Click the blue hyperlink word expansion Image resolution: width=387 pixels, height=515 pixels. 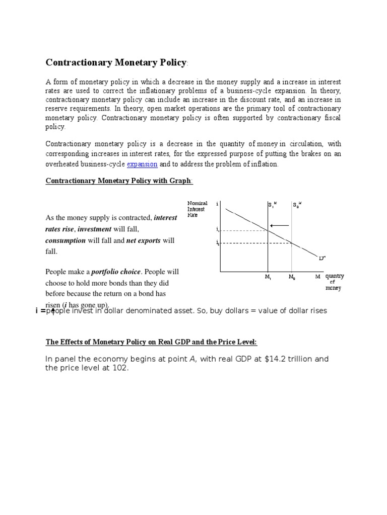[142, 164]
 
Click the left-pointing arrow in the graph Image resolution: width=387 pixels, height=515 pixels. [280, 225]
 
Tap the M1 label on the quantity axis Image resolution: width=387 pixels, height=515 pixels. [268, 277]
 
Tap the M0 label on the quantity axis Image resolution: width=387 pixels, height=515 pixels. [292, 277]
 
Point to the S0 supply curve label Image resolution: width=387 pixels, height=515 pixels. [297, 205]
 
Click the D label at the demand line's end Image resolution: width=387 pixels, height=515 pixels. [322, 258]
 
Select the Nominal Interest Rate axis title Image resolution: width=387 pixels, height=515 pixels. [197, 209]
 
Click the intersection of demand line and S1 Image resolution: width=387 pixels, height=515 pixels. [268, 230]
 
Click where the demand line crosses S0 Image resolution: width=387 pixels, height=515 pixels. [292, 243]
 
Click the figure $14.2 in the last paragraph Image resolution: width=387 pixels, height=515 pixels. [275, 359]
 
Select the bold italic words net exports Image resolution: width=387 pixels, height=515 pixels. [143, 240]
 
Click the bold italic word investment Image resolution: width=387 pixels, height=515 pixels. [94, 229]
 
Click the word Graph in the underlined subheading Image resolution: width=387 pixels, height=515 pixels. [180, 181]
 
